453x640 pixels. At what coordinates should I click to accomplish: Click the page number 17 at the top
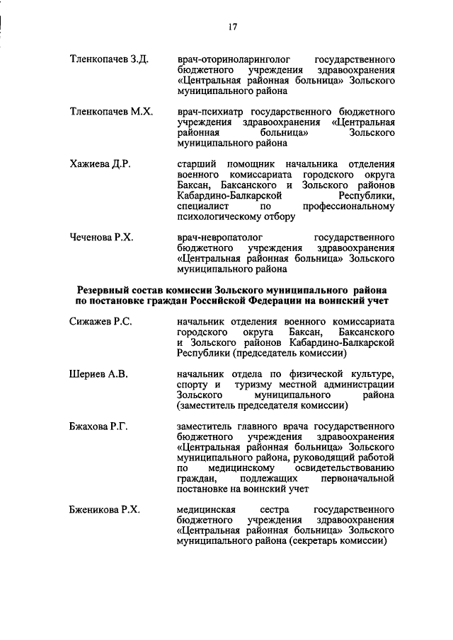pos(231,27)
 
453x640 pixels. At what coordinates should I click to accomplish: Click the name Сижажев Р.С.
pos(101,322)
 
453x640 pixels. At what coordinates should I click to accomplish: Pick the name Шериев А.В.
pos(98,374)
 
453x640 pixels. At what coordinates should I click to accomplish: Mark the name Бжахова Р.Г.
pos(98,427)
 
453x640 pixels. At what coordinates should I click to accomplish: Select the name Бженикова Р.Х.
pos(105,510)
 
